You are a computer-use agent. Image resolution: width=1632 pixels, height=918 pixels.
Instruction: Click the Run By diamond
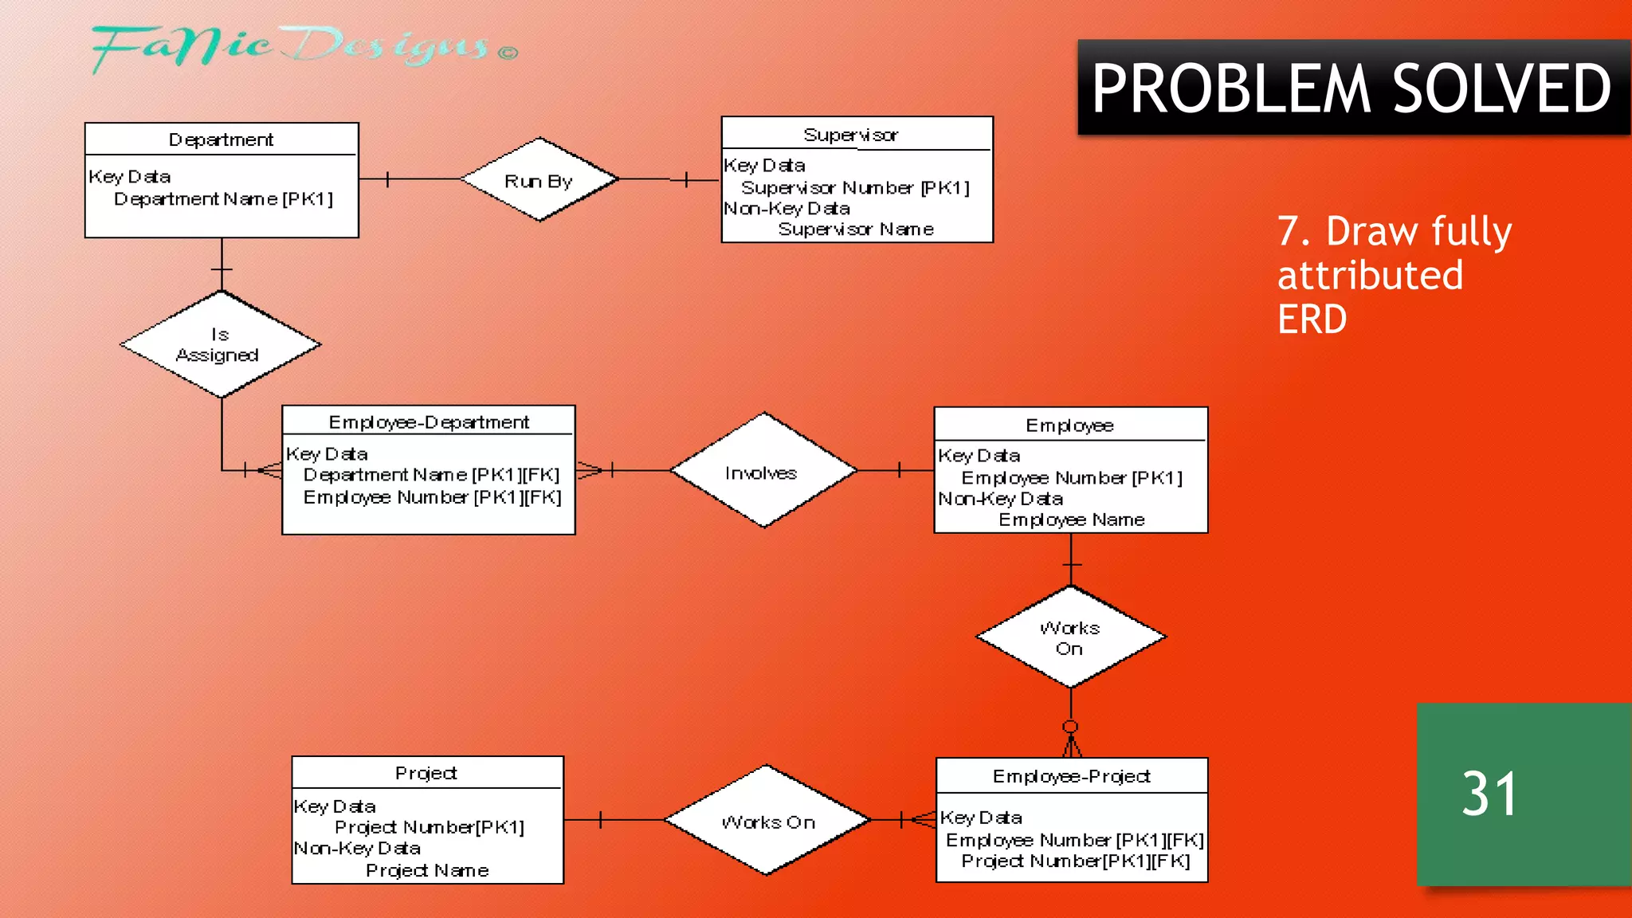539,180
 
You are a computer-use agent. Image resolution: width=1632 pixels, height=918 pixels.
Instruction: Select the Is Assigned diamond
220,344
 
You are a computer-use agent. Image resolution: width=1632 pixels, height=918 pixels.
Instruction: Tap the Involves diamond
763,472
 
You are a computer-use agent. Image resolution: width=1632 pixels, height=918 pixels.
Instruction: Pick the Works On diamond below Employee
1070,637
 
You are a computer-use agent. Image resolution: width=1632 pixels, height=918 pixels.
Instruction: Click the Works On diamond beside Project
767,821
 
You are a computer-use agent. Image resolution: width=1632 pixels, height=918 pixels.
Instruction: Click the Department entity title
221,139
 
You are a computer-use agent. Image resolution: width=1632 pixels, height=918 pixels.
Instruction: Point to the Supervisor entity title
851,135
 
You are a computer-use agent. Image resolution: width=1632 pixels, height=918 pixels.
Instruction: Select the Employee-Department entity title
429,422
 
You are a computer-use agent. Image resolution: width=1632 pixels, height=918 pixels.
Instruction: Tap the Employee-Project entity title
1071,776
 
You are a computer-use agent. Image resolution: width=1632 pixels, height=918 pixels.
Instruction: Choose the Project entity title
426,773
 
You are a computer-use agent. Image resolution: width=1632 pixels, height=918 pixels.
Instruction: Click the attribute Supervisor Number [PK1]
855,187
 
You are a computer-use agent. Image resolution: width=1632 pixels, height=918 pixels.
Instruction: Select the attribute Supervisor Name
856,229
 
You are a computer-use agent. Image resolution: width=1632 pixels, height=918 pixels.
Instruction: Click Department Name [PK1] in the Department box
223,198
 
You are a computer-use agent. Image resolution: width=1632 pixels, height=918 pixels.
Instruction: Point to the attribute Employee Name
1071,520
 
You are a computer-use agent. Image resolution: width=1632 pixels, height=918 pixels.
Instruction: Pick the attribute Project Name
427,870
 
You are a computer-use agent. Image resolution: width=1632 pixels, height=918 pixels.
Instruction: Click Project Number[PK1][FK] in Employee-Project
1075,861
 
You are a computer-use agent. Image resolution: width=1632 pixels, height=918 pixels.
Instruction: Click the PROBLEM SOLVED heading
1351,88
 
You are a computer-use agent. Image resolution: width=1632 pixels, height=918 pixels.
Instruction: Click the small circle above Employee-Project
1070,727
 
